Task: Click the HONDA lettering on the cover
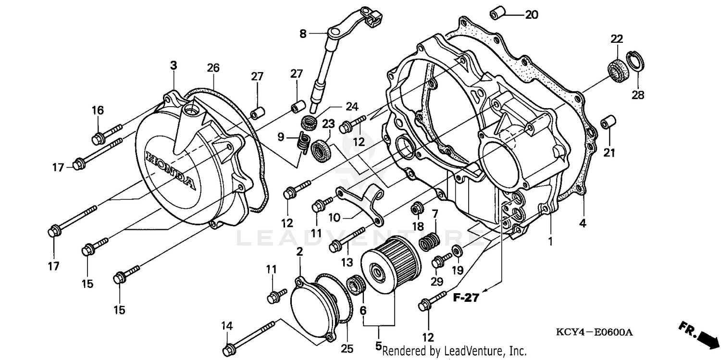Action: pos(171,171)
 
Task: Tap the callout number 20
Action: pos(531,15)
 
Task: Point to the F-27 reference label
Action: pos(466,298)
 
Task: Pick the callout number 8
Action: pos(303,34)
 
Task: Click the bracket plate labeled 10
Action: pos(360,204)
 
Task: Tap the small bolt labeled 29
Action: pos(438,262)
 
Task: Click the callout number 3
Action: pos(174,65)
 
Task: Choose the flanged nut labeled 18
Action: pos(416,209)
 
